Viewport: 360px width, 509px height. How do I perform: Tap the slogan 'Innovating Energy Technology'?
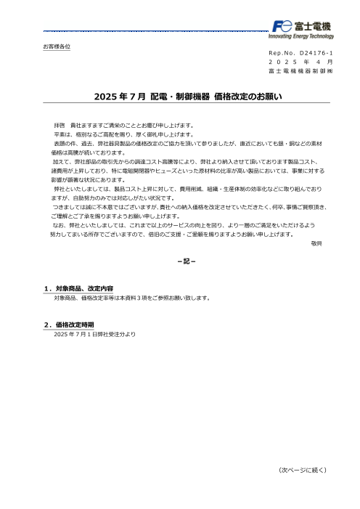click(301, 36)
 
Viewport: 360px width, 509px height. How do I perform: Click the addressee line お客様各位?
click(57, 46)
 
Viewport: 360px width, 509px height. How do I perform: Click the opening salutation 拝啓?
click(60, 126)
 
